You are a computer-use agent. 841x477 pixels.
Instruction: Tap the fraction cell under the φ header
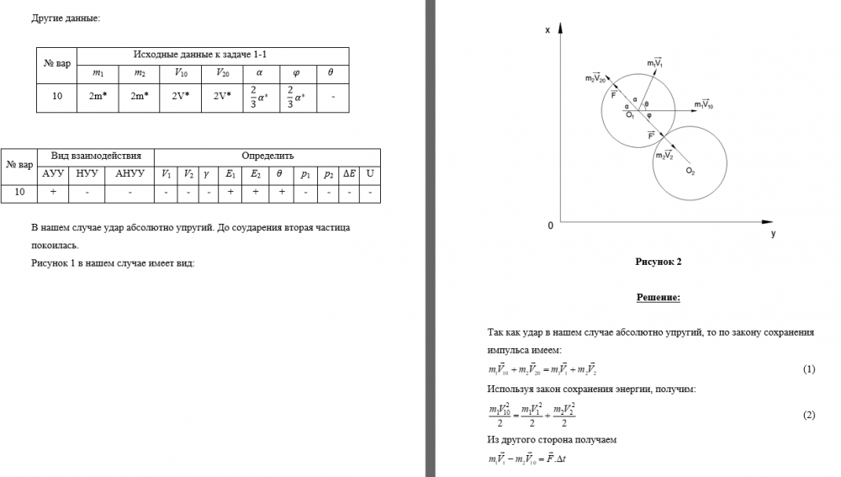(295, 97)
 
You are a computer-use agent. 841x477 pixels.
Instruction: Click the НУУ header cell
(87, 174)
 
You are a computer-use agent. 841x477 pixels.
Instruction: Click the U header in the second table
(370, 174)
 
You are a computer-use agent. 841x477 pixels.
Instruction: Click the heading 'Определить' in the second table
(267, 156)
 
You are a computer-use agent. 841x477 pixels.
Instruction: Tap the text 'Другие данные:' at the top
(66, 18)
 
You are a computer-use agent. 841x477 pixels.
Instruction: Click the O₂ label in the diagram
(690, 171)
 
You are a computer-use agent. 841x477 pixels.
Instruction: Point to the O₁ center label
(629, 115)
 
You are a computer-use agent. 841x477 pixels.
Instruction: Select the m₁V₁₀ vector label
(704, 104)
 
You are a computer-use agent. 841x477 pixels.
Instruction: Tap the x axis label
(547, 31)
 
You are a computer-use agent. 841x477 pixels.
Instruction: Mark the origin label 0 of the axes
(550, 225)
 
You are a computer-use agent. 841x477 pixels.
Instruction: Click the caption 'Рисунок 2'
(658, 262)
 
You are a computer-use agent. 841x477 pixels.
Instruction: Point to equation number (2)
(809, 416)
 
